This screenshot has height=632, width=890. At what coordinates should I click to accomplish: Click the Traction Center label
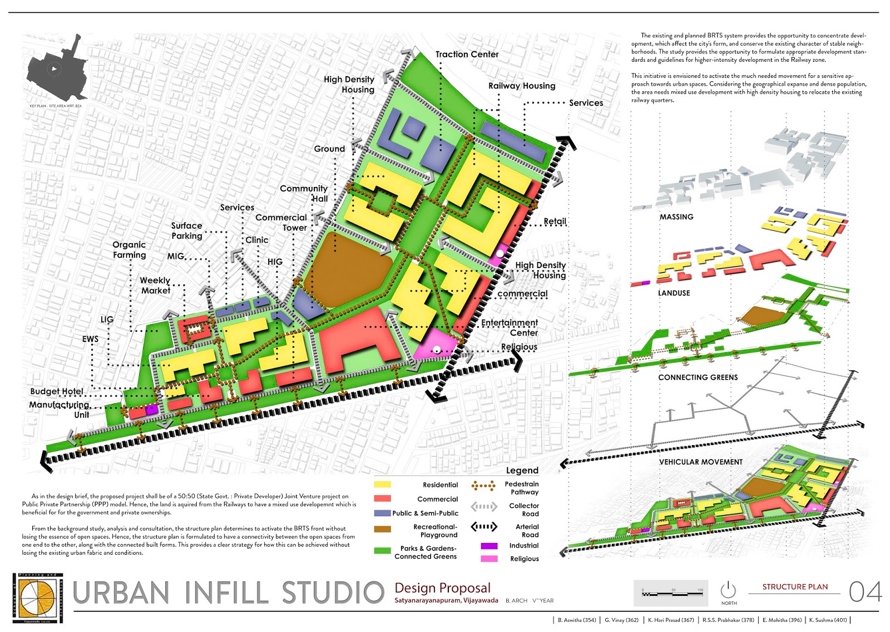tap(467, 55)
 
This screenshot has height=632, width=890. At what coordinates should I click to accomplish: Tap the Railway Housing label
tap(522, 86)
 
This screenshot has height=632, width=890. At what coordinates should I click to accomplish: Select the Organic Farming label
tap(129, 250)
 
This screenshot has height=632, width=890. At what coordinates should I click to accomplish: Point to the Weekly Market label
tap(155, 285)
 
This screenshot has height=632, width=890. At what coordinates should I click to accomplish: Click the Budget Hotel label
tap(57, 392)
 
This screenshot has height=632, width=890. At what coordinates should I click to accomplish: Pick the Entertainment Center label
tap(510, 328)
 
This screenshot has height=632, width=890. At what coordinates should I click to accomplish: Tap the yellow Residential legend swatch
tap(383, 485)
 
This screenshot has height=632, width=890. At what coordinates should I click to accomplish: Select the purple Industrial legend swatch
tap(489, 546)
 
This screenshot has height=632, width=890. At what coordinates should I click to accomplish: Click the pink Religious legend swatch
tap(489, 559)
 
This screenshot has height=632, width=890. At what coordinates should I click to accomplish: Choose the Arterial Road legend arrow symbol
tap(484, 527)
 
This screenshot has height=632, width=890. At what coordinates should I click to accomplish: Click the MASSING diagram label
tap(676, 217)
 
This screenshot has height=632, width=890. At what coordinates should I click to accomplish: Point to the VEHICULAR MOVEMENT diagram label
tap(701, 462)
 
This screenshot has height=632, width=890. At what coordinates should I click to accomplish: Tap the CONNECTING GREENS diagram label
tap(698, 377)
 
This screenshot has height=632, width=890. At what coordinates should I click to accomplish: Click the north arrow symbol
tap(728, 590)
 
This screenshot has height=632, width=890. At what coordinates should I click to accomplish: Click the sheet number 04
tap(865, 592)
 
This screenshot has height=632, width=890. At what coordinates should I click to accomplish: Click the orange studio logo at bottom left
tap(37, 598)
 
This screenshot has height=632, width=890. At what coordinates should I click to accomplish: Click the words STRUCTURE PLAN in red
tap(795, 587)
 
